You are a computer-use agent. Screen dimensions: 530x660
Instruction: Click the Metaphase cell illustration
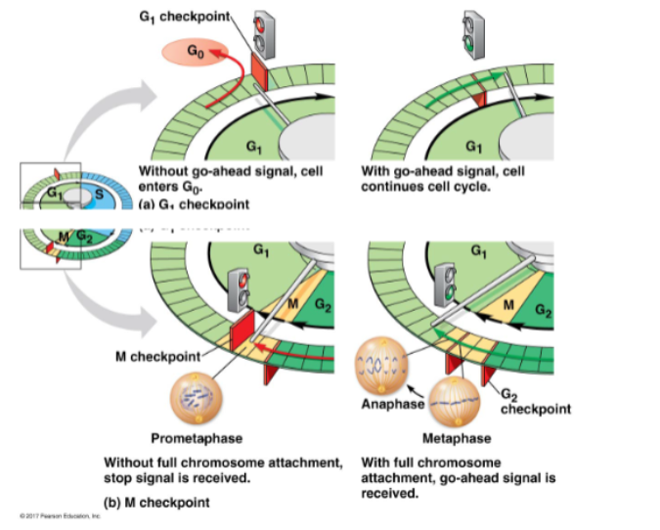(457, 403)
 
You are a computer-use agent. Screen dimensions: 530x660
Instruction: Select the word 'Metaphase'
(457, 438)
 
